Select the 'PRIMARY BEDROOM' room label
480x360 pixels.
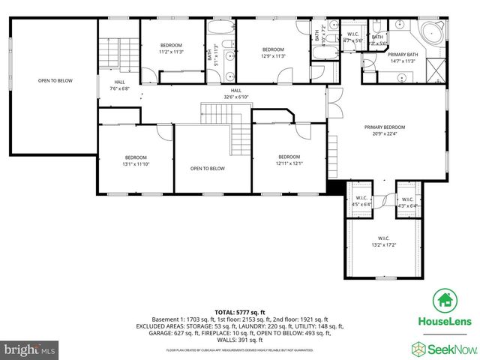pyautogui.click(x=385, y=127)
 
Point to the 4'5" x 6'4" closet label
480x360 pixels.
pyautogui.click(x=361, y=201)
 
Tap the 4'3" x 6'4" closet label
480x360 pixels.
pyautogui.click(x=406, y=201)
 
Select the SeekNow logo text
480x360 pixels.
pyautogui.click(x=450, y=347)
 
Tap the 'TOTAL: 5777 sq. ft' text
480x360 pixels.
pyautogui.click(x=240, y=311)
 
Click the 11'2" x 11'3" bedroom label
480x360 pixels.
pyautogui.click(x=171, y=49)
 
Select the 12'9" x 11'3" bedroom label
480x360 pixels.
pyautogui.click(x=273, y=52)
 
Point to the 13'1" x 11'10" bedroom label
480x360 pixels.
pyautogui.click(x=135, y=160)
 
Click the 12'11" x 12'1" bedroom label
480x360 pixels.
pyautogui.click(x=289, y=160)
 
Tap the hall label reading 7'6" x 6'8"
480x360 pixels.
pyautogui.click(x=119, y=85)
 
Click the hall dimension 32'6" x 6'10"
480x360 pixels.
pyautogui.click(x=236, y=94)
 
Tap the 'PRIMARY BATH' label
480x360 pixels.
pyautogui.click(x=402, y=57)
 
